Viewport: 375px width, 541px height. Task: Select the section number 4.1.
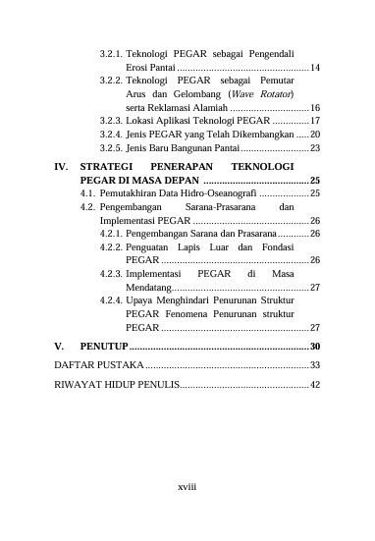pos(88,195)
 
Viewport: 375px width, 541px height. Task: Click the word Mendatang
pos(149,287)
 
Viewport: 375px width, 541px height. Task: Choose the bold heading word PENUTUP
pos(105,348)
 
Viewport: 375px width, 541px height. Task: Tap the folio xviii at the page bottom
pos(187,486)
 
